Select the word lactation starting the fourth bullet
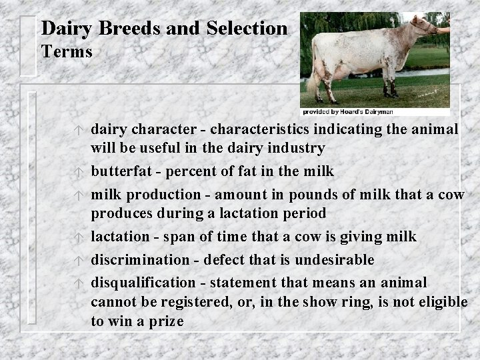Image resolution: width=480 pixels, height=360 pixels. [x=120, y=236]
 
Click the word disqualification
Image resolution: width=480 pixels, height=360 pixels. [x=143, y=283]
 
